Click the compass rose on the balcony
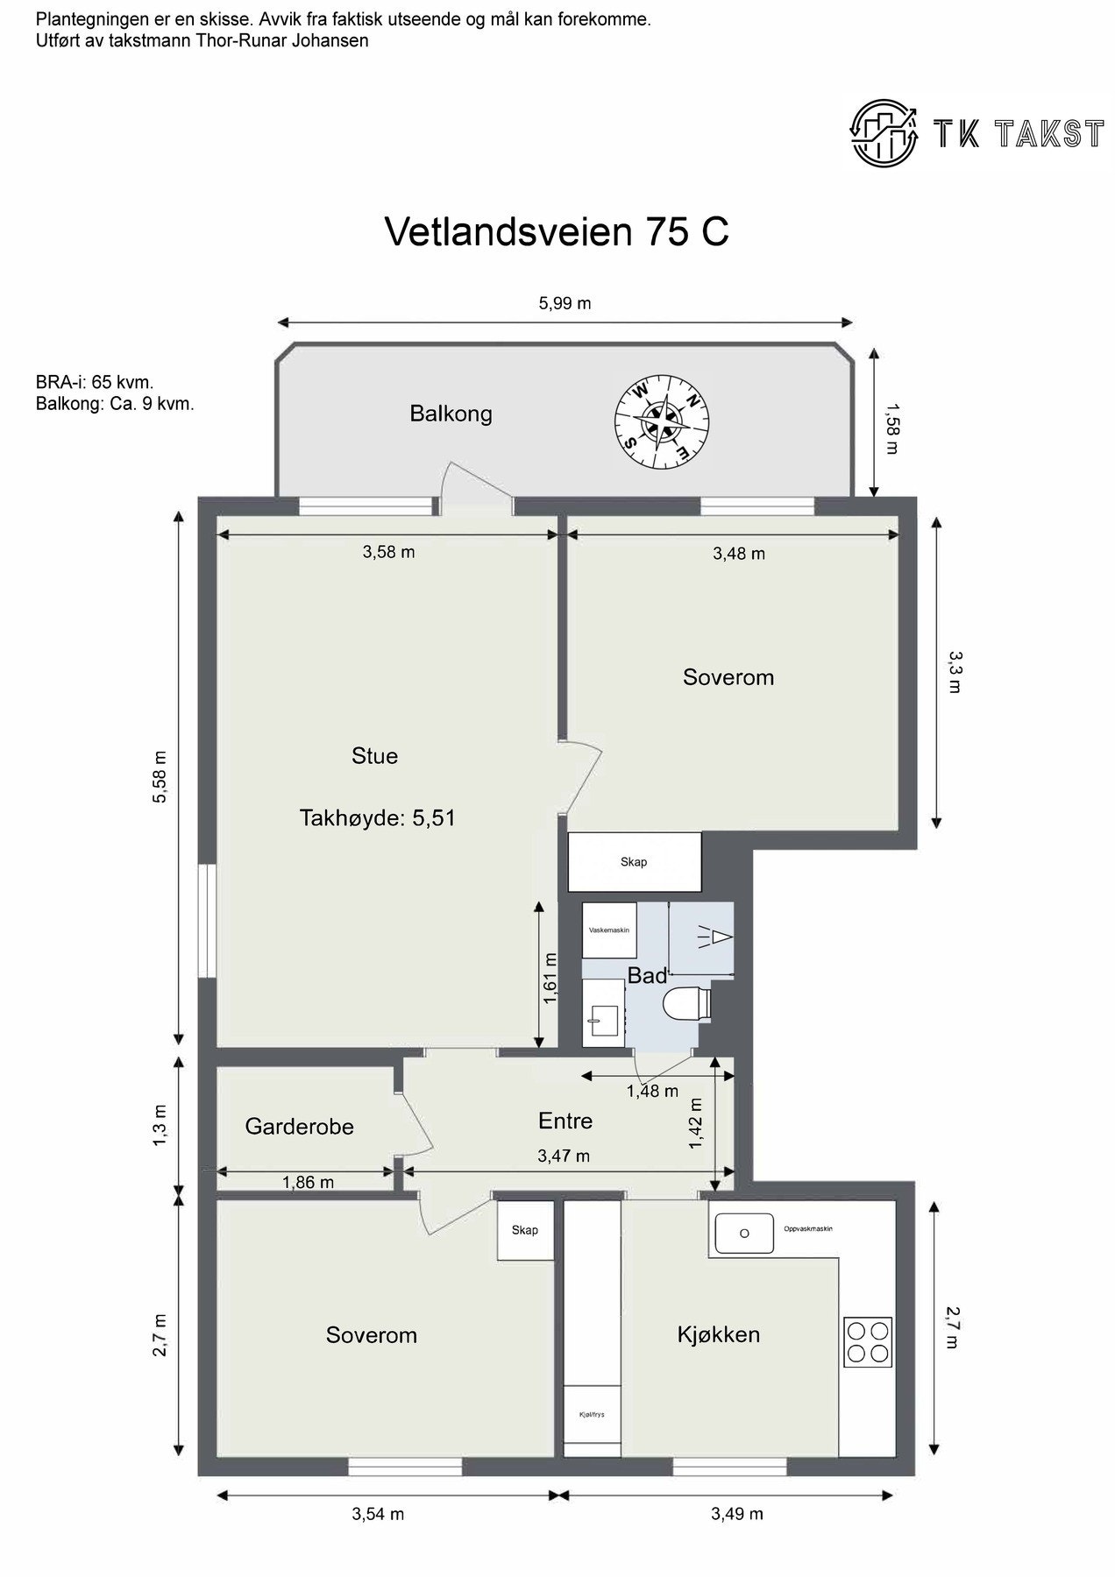(662, 421)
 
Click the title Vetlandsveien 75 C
(557, 231)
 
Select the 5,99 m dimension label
(565, 304)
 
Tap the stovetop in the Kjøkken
(868, 1341)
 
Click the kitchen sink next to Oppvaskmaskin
(744, 1233)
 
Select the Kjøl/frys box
(592, 1414)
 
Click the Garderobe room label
(299, 1127)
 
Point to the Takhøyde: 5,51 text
(377, 818)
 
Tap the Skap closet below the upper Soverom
(634, 862)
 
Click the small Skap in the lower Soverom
(525, 1230)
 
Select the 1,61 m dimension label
(550, 979)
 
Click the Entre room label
(565, 1121)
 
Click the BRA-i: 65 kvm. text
(95, 383)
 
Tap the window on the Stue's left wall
(207, 920)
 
